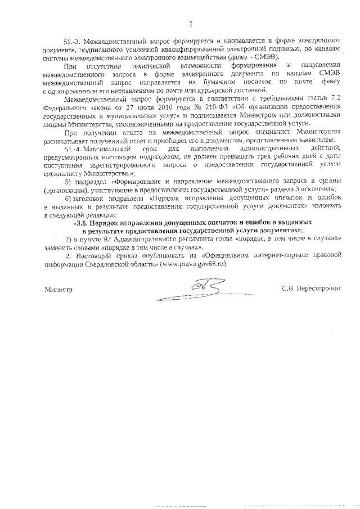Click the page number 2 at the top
click(x=190, y=24)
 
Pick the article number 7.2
click(x=337, y=97)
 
